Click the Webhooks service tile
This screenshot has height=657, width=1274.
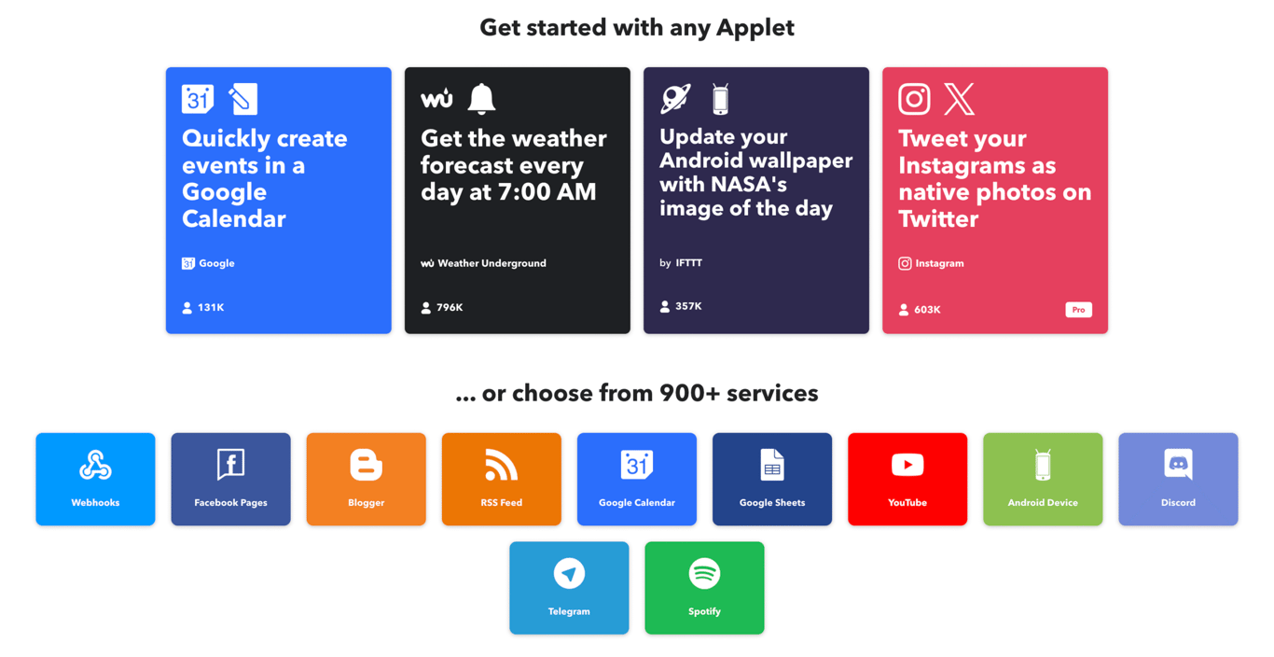[95, 479]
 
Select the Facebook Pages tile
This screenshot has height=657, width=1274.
[230, 479]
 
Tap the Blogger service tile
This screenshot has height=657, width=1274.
[366, 479]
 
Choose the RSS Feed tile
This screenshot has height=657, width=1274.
[501, 479]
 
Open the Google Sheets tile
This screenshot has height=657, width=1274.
[771, 479]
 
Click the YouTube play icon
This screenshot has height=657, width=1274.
[907, 465]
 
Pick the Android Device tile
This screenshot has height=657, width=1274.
[1042, 479]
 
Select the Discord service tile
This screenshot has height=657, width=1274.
[1177, 479]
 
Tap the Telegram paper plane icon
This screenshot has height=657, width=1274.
[569, 573]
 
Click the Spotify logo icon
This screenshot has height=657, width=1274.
[704, 573]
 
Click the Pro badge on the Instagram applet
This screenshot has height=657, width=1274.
[1078, 310]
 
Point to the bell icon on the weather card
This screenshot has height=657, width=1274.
[481, 98]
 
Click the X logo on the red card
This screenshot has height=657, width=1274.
[959, 99]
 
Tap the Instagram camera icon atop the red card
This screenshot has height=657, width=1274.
[914, 99]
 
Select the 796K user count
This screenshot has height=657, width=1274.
[449, 307]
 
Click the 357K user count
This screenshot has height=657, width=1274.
[687, 306]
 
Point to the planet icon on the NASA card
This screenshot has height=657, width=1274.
[675, 98]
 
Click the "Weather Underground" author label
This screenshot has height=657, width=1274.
[491, 263]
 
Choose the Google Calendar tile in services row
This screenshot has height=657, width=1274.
[636, 479]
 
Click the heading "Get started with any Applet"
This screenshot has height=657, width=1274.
[637, 27]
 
